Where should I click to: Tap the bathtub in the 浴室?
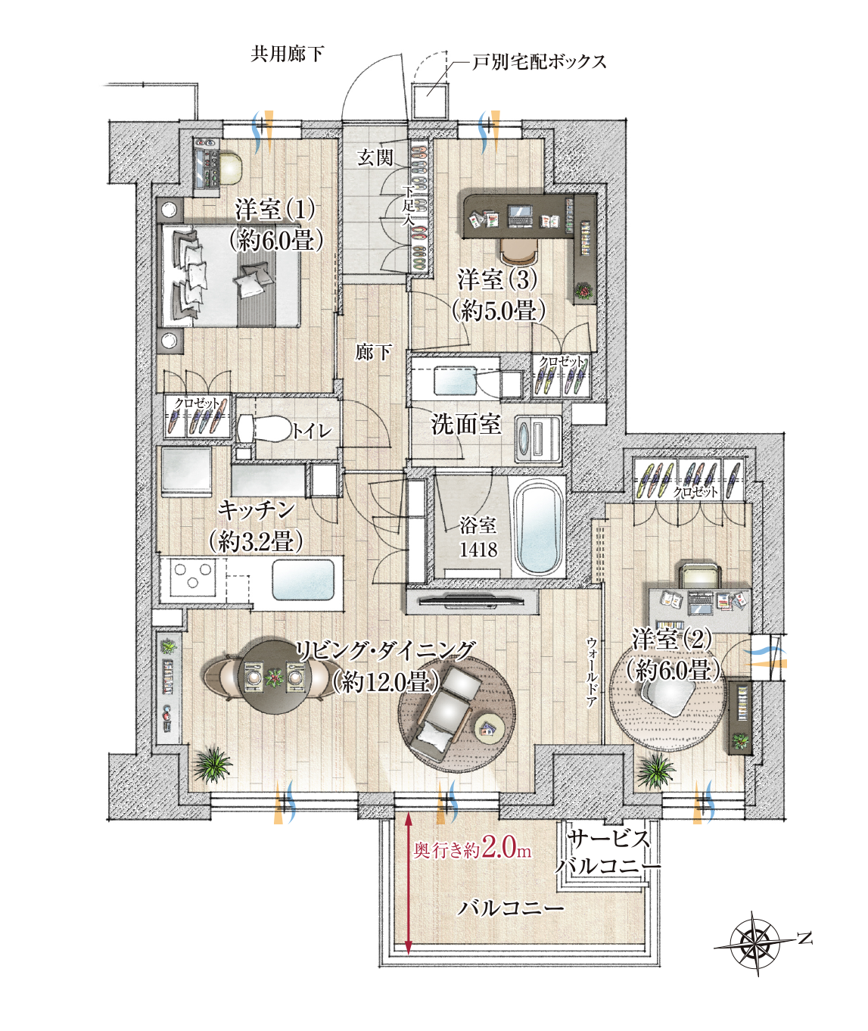click(x=538, y=525)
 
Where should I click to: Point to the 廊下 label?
click(x=374, y=352)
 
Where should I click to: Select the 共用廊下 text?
click(x=288, y=54)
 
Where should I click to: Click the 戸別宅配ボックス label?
click(x=539, y=62)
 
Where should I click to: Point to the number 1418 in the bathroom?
click(x=478, y=549)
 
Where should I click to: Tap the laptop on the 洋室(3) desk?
click(x=520, y=216)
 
